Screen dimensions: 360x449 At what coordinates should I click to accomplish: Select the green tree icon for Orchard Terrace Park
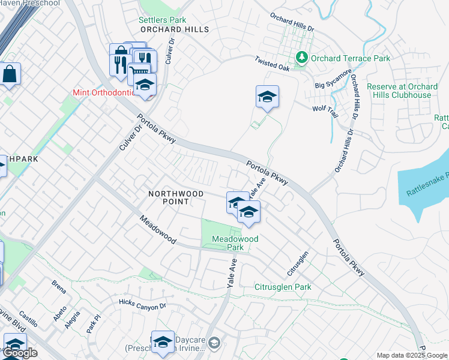tap(301, 58)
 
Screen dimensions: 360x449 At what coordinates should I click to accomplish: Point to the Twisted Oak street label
tap(272, 64)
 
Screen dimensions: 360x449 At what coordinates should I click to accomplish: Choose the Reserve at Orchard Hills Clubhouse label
tap(399, 91)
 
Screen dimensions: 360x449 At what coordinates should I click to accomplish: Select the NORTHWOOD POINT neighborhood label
tap(169, 197)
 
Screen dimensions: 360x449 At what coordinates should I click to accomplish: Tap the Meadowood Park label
tap(235, 243)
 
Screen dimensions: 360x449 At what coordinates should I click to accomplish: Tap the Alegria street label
tap(72, 317)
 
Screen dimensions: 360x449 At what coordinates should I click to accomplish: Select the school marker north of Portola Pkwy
tap(267, 97)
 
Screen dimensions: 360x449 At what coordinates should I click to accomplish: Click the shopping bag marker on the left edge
tap(10, 74)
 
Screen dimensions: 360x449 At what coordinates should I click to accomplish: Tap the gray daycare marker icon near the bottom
tap(214, 342)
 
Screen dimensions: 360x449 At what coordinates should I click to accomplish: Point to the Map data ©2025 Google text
tap(412, 355)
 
